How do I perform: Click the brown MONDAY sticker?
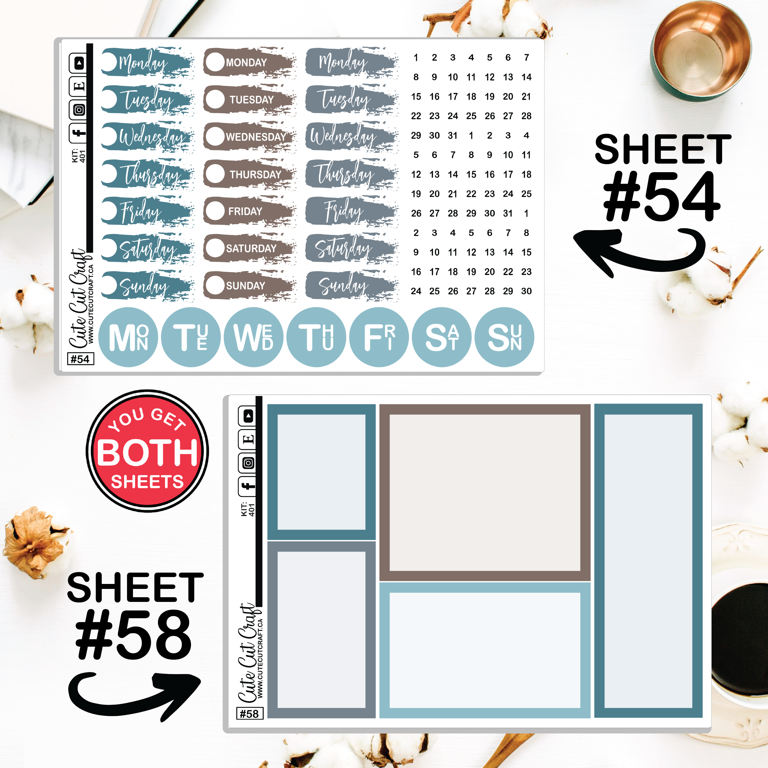[250, 62]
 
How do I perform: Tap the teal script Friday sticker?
[147, 211]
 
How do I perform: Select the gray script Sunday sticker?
[352, 285]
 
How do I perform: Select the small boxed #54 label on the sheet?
[80, 359]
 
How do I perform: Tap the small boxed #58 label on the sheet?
[249, 714]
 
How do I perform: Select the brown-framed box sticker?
[485, 492]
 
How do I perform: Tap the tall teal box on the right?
[648, 561]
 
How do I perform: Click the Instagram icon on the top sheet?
[79, 110]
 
